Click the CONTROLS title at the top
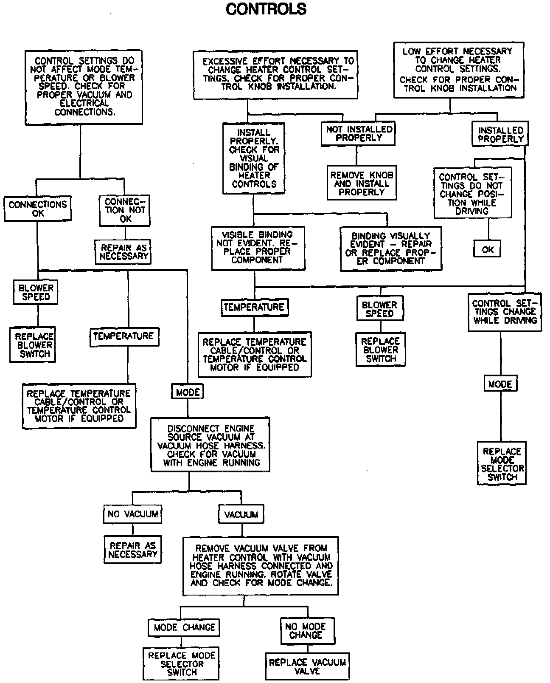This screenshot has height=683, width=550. [266, 9]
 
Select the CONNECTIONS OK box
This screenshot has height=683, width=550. [38, 209]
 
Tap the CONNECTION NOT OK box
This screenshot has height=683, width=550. [125, 210]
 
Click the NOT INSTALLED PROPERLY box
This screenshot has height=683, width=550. [359, 133]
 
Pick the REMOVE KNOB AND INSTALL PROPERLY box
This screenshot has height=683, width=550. [362, 183]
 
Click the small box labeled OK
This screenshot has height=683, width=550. [487, 250]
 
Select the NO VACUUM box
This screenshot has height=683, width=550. [133, 514]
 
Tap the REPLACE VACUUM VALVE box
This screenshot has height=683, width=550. [307, 666]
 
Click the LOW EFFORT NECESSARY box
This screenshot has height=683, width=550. [458, 70]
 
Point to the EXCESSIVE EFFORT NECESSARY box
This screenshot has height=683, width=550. [275, 75]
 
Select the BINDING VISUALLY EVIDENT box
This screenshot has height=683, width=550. [391, 248]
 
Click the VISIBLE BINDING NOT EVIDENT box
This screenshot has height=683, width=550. [258, 248]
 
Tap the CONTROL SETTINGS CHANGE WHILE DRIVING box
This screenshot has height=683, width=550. [505, 312]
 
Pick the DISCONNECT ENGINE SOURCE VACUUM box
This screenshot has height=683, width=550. [210, 445]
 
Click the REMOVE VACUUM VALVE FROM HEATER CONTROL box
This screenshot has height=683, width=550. [261, 566]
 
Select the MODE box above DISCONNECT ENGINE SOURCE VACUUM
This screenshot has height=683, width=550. [188, 392]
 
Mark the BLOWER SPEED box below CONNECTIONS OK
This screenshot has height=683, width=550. [36, 292]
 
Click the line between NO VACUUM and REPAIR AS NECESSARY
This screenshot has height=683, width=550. [133, 530]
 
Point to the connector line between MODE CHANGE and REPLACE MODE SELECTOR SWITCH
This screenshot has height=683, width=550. [183, 642]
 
